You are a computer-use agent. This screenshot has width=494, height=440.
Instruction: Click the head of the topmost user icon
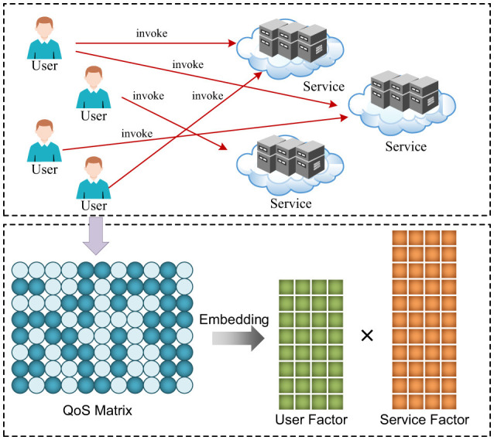tap(44, 28)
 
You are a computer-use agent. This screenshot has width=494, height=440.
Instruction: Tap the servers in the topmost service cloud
tap(293, 41)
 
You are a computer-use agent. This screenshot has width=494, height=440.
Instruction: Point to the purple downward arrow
tap(96, 235)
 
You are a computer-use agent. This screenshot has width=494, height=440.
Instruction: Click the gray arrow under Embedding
tap(238, 339)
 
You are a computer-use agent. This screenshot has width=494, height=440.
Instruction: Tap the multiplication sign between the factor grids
tap(367, 336)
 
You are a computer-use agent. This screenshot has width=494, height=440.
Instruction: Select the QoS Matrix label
tap(98, 411)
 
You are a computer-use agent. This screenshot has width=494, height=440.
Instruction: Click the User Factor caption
tap(311, 420)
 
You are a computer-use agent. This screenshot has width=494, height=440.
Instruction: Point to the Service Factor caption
tap(424, 420)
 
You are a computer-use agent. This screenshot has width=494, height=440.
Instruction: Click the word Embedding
tap(234, 319)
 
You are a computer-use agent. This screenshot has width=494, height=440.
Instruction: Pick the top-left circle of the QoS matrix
tap(20, 270)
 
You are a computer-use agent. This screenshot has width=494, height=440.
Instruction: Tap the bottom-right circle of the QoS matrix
tap(184, 385)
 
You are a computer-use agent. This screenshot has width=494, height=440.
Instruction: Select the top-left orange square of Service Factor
tap(400, 237)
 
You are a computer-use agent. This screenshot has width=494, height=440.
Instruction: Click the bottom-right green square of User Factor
tap(335, 402)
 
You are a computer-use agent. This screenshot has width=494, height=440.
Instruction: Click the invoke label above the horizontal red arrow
tap(152, 33)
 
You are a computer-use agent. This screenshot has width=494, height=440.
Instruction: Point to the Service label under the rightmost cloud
tap(406, 147)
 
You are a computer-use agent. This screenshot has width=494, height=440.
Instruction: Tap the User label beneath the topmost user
tap(44, 66)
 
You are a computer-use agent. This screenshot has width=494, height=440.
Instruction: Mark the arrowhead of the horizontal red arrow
tap(232, 43)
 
